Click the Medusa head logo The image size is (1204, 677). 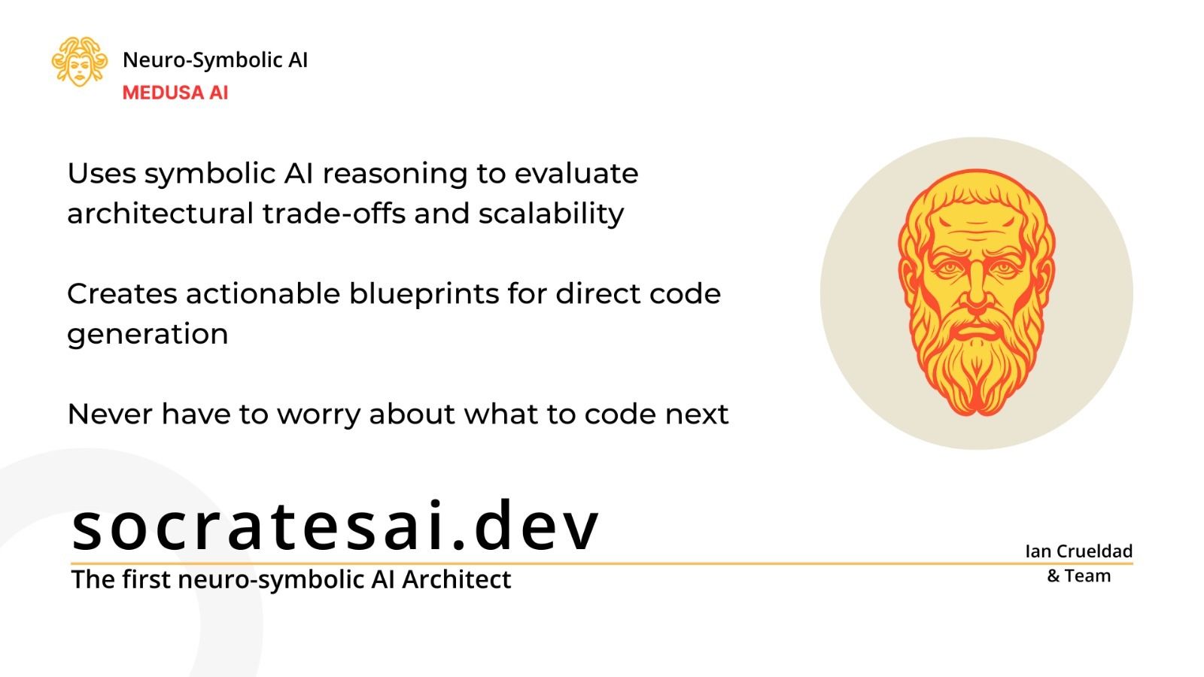[x=80, y=61]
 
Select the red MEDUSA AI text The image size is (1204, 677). [x=175, y=93]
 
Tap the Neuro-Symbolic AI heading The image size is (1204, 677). [x=215, y=59]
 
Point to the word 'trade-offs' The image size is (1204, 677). [x=334, y=214]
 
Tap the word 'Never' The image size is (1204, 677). [x=110, y=414]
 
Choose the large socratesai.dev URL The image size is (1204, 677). [x=336, y=526]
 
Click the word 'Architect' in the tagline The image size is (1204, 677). [x=456, y=579]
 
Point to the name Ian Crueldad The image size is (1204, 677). [x=1079, y=551]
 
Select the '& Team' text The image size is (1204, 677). [x=1079, y=576]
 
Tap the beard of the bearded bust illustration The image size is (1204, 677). [x=977, y=366]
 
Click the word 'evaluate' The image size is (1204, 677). [x=576, y=174]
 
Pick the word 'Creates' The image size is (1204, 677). [x=122, y=294]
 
